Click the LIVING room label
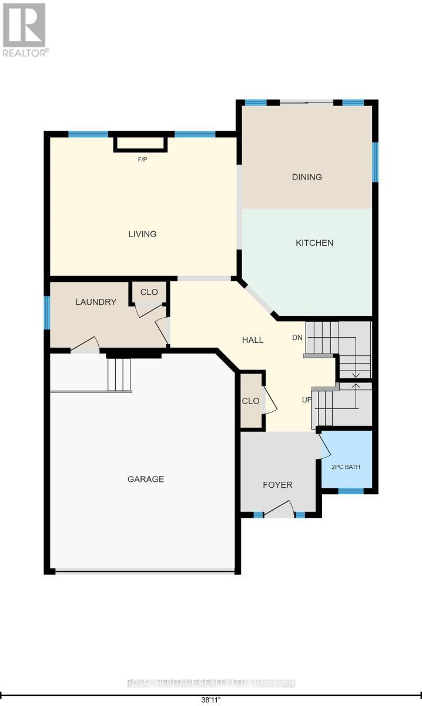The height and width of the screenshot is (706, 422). tap(142, 234)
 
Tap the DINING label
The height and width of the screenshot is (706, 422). tap(307, 177)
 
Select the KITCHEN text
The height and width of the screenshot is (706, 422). tap(314, 242)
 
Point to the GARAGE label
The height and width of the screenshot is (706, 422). tap(146, 479)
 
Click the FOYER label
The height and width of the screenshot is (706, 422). tap(277, 485)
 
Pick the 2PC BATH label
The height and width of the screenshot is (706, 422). tap(346, 467)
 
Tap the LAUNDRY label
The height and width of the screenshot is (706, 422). tap(96, 302)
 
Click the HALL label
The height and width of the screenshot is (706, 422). tap(253, 340)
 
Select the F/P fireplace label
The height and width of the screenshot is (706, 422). tap(143, 159)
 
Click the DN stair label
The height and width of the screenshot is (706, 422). tap(297, 338)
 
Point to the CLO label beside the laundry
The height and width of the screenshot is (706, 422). tap(149, 292)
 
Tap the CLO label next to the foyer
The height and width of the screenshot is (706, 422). tap(251, 401)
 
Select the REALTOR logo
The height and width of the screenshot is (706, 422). tap(25, 30)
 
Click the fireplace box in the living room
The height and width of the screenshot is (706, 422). tap(140, 144)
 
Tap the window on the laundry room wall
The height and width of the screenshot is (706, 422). tap(47, 312)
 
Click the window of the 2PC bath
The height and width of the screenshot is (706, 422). tap(351, 491)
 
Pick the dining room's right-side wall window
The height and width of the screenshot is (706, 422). tap(375, 162)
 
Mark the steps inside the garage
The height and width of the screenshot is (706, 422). tap(119, 374)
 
